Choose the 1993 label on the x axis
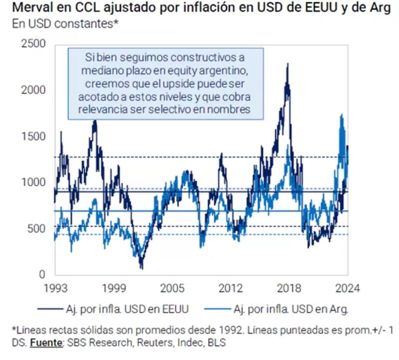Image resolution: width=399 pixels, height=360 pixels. click(54, 288)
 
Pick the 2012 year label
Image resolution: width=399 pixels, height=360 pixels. click(230, 288)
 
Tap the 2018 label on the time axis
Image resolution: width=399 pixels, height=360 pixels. click(289, 288)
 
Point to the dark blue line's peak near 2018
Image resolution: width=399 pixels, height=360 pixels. click(287, 64)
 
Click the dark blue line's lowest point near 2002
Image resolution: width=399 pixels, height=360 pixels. click(142, 268)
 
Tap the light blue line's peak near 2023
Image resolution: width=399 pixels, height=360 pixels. click(341, 115)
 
